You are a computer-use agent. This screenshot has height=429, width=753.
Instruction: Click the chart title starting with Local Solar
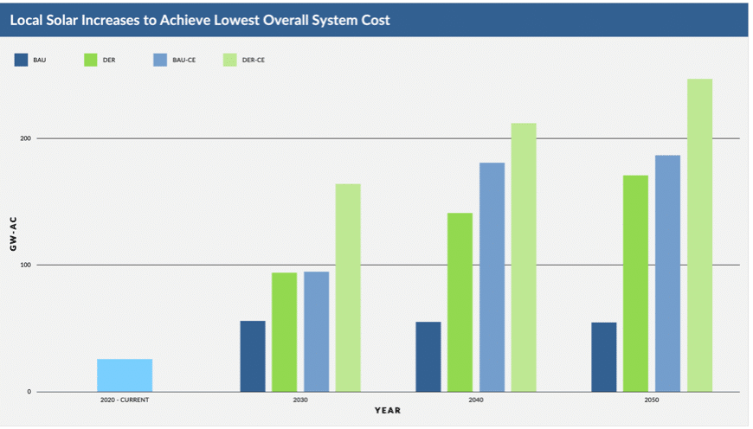(x=200, y=20)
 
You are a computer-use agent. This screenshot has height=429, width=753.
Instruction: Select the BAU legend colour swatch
(x=21, y=60)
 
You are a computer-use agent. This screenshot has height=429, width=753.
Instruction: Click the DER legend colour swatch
(x=90, y=60)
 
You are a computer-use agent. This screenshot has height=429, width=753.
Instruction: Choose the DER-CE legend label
(x=254, y=60)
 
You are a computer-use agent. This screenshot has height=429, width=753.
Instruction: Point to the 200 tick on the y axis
(x=25, y=138)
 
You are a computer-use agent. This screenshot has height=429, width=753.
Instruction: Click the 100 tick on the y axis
(x=25, y=265)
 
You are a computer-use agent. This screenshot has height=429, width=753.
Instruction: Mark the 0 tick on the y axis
(x=28, y=391)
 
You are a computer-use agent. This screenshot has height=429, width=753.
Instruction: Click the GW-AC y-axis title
(x=13, y=234)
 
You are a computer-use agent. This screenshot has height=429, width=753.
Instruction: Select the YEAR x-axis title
(x=387, y=410)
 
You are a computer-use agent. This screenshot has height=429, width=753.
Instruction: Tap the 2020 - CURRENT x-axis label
(x=125, y=400)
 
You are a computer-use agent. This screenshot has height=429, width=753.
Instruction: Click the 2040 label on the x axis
(x=475, y=400)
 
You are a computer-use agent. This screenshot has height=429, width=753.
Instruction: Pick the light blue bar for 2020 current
(x=125, y=375)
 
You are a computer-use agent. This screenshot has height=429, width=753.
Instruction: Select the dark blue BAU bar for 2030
(x=253, y=356)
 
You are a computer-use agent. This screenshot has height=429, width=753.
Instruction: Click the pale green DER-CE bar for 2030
(x=348, y=287)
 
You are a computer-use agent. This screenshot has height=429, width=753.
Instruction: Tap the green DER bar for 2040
(x=460, y=302)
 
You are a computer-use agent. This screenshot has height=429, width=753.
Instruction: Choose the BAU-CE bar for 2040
(x=492, y=277)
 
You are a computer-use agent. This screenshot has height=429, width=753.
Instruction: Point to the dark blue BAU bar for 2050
(x=604, y=357)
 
